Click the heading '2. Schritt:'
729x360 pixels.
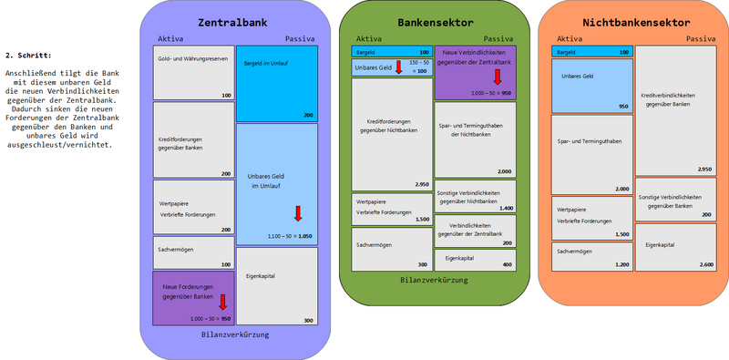pos(26,56)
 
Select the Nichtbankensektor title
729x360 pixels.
pos(635,21)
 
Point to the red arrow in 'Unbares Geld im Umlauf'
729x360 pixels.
pos(297,214)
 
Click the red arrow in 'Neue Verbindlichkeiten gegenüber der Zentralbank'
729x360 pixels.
pos(497,77)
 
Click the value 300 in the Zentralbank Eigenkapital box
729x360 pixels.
pos(308,320)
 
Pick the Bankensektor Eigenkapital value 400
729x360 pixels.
pos(506,263)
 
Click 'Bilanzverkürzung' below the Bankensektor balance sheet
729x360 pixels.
pos(426,281)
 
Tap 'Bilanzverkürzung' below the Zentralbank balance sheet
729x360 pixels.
pos(234,334)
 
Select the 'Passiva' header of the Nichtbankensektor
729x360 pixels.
pos(700,39)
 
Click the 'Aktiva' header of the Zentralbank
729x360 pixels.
pos(170,39)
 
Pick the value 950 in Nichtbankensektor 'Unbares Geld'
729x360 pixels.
pos(623,107)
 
